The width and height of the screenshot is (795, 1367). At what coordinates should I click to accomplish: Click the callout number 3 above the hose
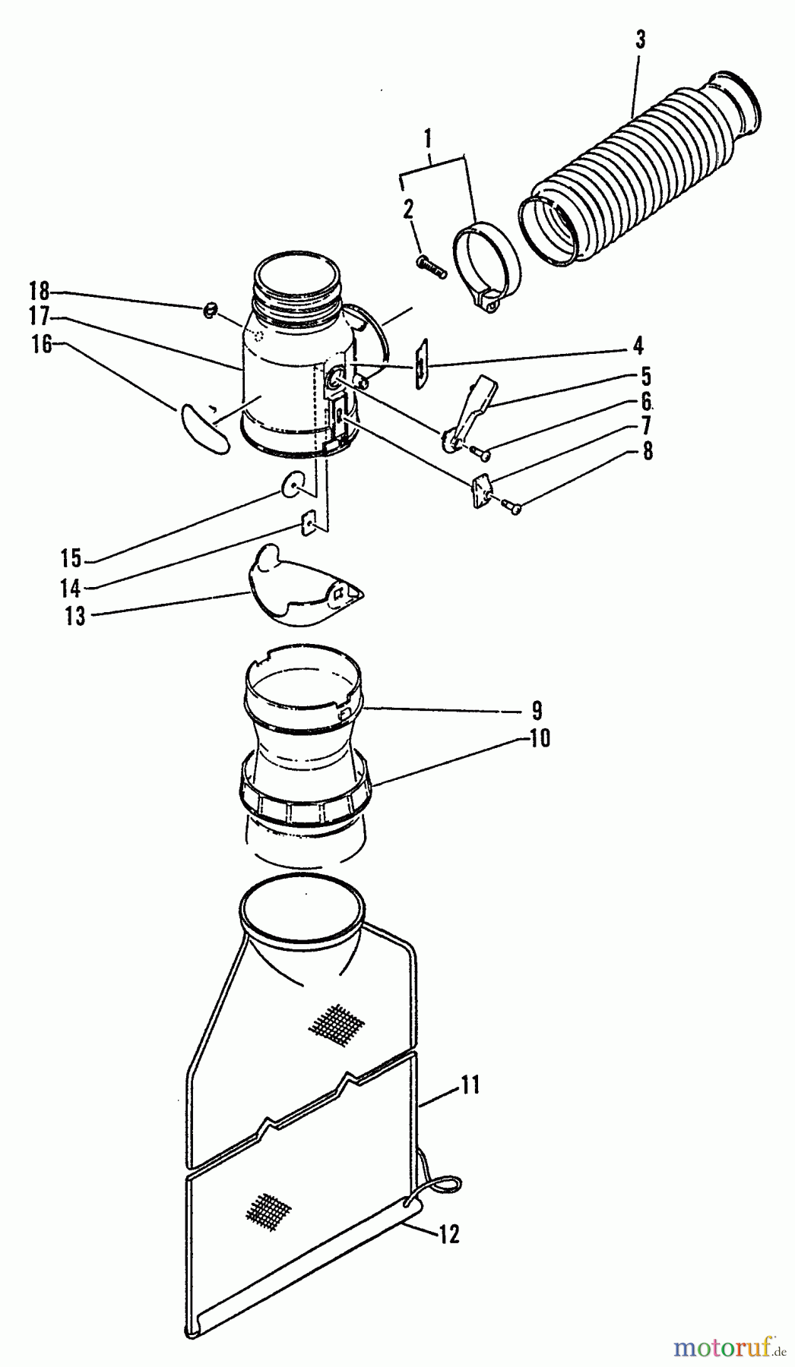click(x=640, y=40)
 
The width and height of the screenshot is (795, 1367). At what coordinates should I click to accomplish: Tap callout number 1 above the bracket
click(x=428, y=139)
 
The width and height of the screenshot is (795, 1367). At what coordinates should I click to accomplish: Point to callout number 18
click(x=39, y=291)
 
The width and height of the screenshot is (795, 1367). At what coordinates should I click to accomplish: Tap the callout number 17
click(x=39, y=316)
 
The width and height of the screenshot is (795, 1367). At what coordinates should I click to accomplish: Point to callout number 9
click(x=537, y=711)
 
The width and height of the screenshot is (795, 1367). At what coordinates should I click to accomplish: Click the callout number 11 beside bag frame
click(x=469, y=1085)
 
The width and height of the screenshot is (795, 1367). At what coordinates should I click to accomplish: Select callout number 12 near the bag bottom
click(x=449, y=1236)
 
